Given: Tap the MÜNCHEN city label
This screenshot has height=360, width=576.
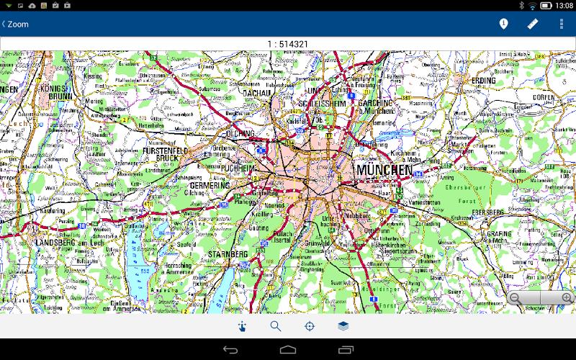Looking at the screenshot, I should point(384,171).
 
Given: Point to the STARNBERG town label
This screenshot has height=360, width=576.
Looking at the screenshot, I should point(228,254).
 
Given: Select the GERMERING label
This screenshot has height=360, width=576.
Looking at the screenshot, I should point(210,185).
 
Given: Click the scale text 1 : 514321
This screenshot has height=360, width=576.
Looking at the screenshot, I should point(287,44).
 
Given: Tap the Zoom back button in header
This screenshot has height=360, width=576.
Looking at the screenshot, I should point(15,24).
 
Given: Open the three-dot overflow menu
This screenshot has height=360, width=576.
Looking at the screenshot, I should point(562,24).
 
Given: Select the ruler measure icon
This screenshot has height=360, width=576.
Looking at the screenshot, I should point(533,24).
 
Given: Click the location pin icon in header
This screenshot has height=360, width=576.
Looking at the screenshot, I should point(503,24).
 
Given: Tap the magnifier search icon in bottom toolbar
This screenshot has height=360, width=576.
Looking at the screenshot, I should point(276,326).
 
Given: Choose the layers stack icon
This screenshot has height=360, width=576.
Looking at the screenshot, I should point(343,326).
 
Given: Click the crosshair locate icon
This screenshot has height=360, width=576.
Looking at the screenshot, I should point(310,326).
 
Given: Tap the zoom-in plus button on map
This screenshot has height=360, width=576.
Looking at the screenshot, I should point(567,298).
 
